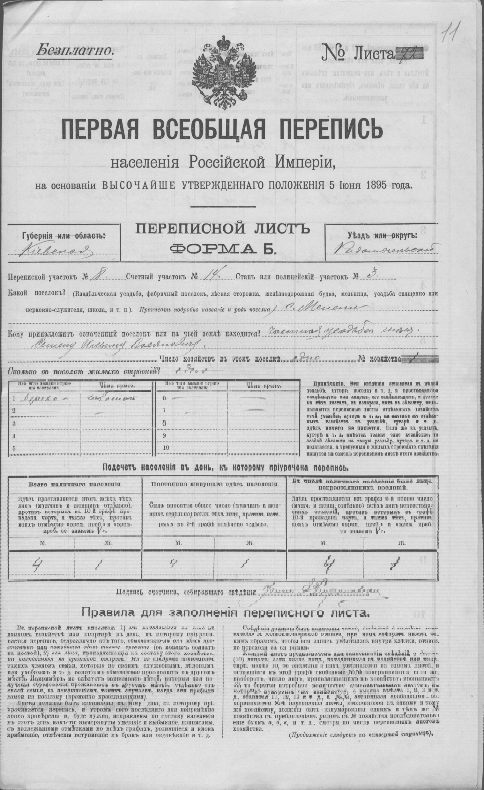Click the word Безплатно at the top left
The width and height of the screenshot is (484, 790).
point(75,51)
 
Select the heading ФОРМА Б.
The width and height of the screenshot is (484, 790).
point(223,248)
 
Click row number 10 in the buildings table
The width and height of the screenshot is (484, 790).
point(166,448)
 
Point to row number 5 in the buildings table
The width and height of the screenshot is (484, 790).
point(13,448)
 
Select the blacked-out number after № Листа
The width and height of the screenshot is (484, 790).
point(410,53)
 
